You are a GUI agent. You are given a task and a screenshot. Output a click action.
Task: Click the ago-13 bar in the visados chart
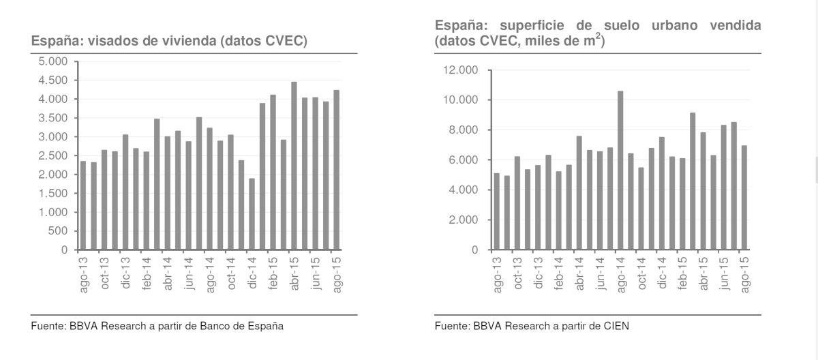click(83, 206)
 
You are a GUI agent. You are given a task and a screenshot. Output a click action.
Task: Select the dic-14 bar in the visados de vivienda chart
click(252, 215)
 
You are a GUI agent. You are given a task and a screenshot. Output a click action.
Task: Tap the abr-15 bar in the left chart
click(294, 166)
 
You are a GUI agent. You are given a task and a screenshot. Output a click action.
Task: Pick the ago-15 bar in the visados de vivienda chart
click(336, 170)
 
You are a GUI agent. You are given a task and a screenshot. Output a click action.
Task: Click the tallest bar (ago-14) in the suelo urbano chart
click(620, 170)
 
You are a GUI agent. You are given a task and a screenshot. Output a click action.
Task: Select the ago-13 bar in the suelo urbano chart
click(496, 212)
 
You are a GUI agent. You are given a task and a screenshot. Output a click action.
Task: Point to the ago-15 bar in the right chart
click(744, 198)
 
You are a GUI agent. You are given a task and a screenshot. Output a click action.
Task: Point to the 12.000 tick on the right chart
click(461, 70)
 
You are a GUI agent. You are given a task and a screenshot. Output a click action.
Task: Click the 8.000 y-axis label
click(464, 130)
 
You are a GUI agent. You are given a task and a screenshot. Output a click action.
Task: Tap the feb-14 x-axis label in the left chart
click(147, 273)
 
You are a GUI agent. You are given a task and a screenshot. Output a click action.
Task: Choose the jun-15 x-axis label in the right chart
click(723, 273)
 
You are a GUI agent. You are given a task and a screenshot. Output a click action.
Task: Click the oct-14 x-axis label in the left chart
click(231, 273)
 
